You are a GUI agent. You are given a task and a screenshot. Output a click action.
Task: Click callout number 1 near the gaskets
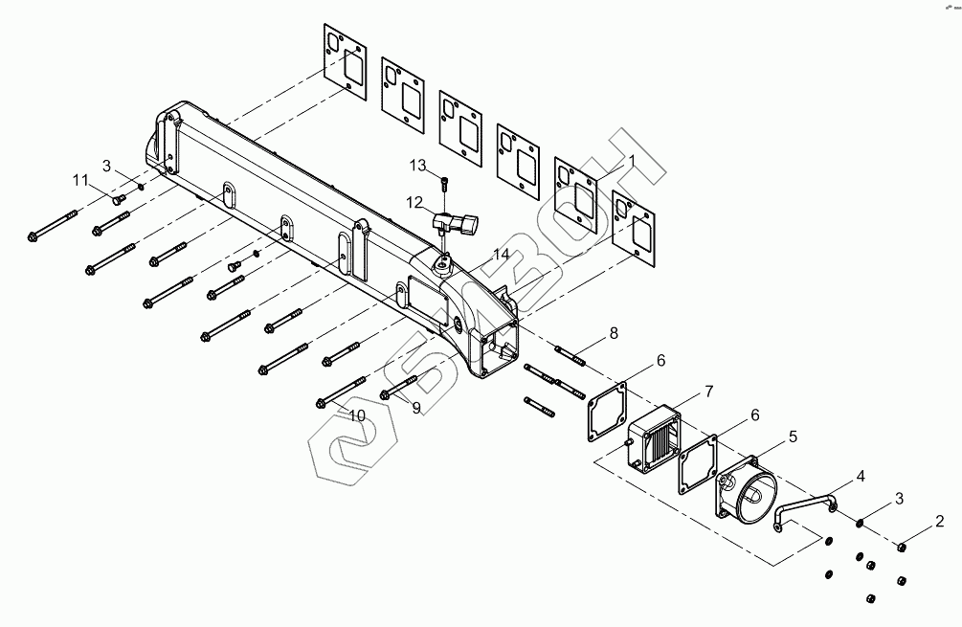(x=631, y=159)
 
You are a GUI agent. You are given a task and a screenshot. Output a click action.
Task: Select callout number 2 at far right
(x=940, y=522)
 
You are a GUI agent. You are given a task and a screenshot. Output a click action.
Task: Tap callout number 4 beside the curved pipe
(x=861, y=475)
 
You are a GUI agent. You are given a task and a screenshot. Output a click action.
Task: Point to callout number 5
(x=793, y=437)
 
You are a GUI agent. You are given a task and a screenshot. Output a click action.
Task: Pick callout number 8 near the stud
(x=614, y=333)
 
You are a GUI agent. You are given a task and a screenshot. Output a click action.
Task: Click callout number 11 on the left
(x=79, y=180)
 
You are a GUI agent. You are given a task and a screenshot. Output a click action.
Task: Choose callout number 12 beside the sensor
(x=414, y=202)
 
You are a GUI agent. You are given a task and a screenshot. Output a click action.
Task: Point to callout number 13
(x=417, y=166)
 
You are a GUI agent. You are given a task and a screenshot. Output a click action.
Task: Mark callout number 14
(x=502, y=255)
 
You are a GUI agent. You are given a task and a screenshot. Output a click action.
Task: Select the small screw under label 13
(x=446, y=182)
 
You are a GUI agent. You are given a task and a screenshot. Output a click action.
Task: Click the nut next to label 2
(x=902, y=547)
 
